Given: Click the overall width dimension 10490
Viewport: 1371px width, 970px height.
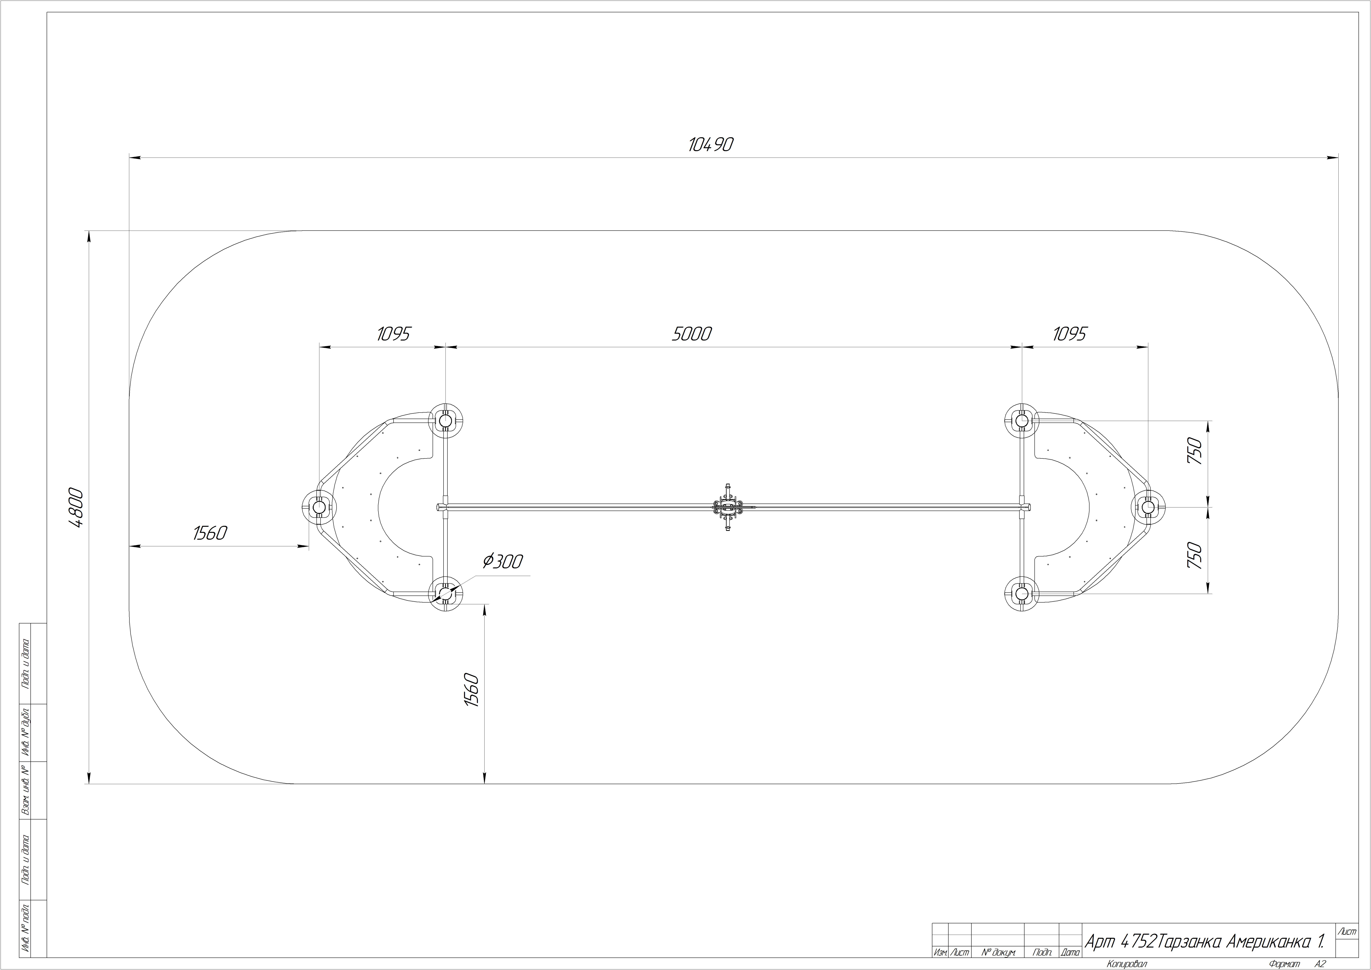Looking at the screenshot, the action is (x=711, y=144).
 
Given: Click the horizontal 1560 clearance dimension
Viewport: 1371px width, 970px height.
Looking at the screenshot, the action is (x=210, y=533).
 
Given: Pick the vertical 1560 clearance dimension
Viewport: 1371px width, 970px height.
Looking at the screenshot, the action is (x=472, y=690).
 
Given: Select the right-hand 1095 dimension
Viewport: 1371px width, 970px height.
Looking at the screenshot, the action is (x=1069, y=334).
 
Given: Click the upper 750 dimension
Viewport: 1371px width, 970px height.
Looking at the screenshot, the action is (x=1194, y=452).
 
